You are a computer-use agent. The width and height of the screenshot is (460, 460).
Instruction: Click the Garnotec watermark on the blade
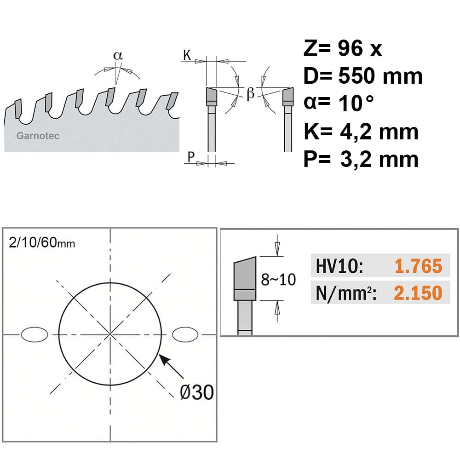point(38,136)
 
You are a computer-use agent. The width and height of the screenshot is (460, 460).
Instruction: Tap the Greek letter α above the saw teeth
point(118,56)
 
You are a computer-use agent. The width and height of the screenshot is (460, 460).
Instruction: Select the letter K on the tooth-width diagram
point(187,55)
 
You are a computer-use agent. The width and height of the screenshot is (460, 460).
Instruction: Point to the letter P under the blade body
point(191,156)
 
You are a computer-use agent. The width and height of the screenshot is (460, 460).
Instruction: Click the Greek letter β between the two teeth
point(250,93)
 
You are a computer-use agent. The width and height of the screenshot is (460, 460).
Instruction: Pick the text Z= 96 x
point(343,48)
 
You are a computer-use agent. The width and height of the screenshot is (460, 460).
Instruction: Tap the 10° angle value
point(356,103)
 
